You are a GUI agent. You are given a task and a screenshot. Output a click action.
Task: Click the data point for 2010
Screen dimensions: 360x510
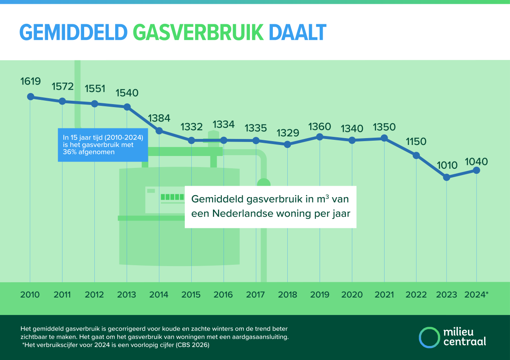(30, 96)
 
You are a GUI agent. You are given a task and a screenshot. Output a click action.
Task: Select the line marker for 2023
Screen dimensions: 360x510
(446, 177)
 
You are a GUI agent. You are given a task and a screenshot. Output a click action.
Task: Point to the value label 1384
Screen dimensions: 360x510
(159, 118)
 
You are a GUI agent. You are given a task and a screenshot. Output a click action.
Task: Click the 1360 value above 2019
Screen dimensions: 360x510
(320, 127)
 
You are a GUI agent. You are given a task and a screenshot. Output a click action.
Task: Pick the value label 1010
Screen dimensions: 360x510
(446, 165)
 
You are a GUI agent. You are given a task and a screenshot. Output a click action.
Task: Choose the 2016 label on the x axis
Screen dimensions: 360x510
(224, 295)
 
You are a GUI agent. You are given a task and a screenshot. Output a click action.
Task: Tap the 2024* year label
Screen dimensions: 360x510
(477, 295)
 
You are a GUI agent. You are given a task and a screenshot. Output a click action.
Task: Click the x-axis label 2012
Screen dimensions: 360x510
(94, 295)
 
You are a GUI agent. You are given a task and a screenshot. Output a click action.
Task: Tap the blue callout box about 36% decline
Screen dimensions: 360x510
(103, 145)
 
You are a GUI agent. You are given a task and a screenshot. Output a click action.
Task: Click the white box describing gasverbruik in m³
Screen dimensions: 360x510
(270, 207)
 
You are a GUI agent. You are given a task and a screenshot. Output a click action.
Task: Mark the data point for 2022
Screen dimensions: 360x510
(416, 155)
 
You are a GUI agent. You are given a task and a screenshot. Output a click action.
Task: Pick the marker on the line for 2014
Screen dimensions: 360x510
(159, 130)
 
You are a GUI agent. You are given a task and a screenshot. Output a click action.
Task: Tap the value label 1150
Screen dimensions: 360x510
(416, 142)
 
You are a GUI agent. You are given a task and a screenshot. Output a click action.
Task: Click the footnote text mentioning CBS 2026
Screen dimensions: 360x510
(116, 345)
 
